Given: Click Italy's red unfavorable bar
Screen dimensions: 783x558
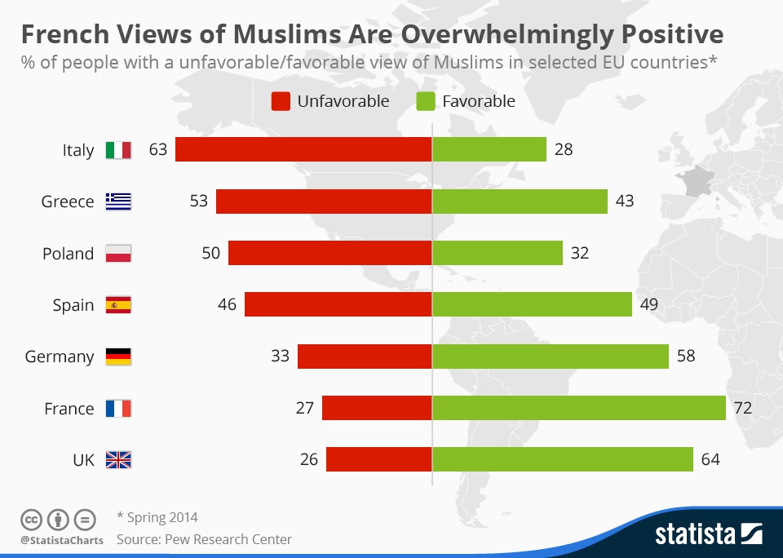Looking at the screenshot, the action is click(303, 149).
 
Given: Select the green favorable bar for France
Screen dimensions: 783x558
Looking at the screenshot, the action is click(579, 408).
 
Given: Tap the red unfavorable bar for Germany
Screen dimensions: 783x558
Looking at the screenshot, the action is click(365, 356).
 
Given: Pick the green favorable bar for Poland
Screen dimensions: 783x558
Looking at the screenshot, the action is click(498, 253).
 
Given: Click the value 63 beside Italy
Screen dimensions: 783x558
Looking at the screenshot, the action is click(157, 149).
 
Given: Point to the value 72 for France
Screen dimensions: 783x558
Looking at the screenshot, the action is click(742, 408).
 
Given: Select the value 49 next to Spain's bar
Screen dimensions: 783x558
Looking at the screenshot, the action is click(648, 304).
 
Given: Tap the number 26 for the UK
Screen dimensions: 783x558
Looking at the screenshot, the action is click(308, 459).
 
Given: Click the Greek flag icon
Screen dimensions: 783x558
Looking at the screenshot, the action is click(118, 201).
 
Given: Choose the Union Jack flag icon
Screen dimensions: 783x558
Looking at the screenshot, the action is click(118, 459).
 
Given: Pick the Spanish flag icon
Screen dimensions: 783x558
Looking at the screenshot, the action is click(118, 305).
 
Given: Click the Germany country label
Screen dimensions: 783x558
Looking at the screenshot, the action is click(60, 357).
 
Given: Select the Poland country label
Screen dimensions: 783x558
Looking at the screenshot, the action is click(68, 254).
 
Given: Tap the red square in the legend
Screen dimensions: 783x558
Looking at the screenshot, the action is click(281, 101).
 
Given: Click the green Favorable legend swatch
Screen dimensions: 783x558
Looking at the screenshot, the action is click(426, 101).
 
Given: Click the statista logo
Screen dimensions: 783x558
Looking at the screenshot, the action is click(709, 534).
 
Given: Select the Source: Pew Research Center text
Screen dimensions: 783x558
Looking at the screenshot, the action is click(204, 539).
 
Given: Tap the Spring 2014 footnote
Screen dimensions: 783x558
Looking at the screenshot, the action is click(157, 517).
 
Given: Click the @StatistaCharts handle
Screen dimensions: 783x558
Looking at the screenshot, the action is click(62, 540).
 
